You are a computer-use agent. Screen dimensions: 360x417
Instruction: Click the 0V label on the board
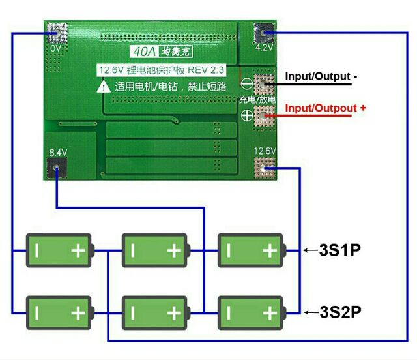click(x=55, y=48)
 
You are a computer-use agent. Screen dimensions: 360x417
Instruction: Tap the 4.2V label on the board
click(x=264, y=48)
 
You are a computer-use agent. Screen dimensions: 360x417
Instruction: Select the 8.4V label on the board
click(x=57, y=153)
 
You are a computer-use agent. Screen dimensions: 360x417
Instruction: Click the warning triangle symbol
click(x=104, y=86)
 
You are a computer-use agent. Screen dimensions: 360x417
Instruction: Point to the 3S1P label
click(x=339, y=250)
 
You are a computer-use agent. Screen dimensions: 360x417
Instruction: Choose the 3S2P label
click(x=340, y=312)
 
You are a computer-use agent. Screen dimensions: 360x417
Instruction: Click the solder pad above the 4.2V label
click(x=265, y=31)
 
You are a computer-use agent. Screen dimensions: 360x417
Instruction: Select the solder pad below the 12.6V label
click(x=265, y=169)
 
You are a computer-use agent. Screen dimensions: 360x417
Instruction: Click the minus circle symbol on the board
click(x=247, y=84)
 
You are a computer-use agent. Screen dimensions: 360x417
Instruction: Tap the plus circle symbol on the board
click(x=247, y=116)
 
